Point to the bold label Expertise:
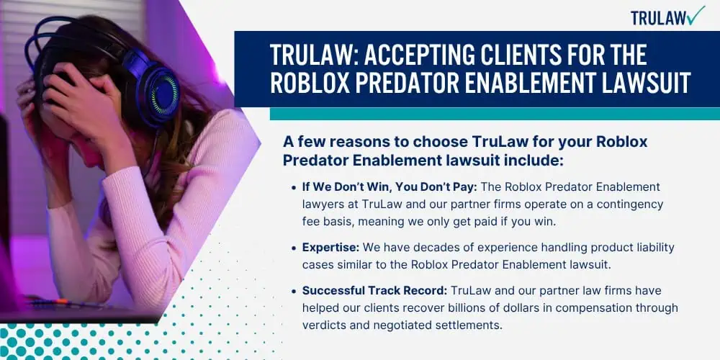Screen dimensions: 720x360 [x=330, y=248]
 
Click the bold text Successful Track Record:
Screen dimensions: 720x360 [x=374, y=291]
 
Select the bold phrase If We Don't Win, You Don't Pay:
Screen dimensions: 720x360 [x=389, y=187]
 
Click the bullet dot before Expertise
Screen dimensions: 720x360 [x=294, y=248]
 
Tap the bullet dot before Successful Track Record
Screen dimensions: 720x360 [x=294, y=292]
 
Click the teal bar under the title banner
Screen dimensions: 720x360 [x=495, y=114]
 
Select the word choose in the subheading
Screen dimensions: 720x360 [x=441, y=142]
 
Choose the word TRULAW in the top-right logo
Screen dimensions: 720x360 [x=659, y=18]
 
